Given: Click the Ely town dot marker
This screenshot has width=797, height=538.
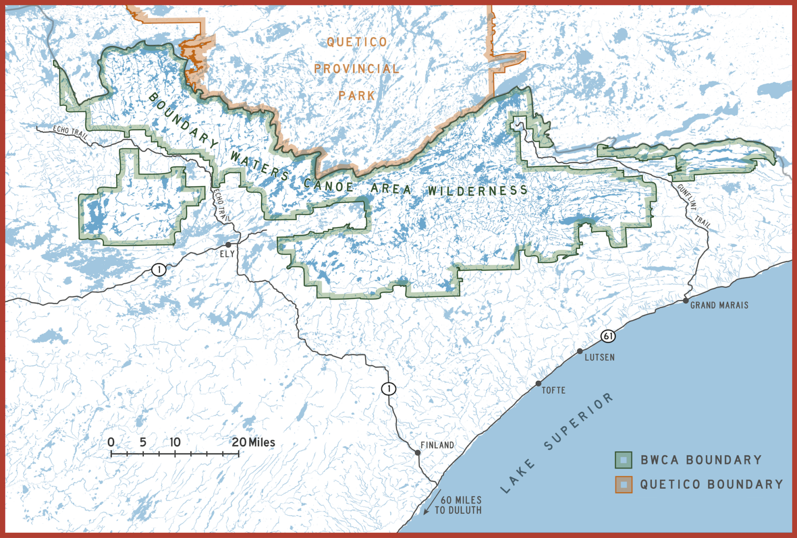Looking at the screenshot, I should pyautogui.click(x=228, y=245).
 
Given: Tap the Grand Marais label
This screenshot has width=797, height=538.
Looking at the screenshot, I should pyautogui.click(x=719, y=305).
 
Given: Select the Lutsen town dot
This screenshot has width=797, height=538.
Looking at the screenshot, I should pyautogui.click(x=580, y=351).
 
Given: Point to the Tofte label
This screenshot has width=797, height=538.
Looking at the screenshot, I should pyautogui.click(x=554, y=390).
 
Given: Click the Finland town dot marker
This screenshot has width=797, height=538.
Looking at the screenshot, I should pyautogui.click(x=418, y=453).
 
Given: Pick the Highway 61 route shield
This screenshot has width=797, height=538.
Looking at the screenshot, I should pyautogui.click(x=608, y=336).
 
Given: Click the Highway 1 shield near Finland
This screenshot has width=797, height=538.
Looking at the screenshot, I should pyautogui.click(x=389, y=388).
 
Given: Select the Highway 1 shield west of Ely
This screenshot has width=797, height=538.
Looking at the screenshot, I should pyautogui.click(x=159, y=270).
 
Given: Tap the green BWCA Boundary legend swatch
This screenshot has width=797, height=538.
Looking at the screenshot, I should pyautogui.click(x=623, y=460).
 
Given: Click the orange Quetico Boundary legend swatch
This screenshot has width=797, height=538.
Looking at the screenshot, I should pyautogui.click(x=623, y=485).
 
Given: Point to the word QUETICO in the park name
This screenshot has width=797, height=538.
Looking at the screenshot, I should pyautogui.click(x=357, y=42).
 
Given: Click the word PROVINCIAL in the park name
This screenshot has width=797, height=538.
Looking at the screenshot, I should pyautogui.click(x=357, y=68).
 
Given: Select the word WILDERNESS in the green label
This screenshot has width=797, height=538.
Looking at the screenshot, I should pyautogui.click(x=477, y=191).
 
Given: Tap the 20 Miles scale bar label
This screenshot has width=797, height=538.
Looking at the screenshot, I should pyautogui.click(x=253, y=442).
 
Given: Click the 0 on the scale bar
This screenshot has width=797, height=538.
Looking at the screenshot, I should pyautogui.click(x=111, y=442).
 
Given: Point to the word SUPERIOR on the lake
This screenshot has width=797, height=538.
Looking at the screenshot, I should pyautogui.click(x=579, y=421).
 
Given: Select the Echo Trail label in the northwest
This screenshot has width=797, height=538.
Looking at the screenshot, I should pyautogui.click(x=71, y=131).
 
